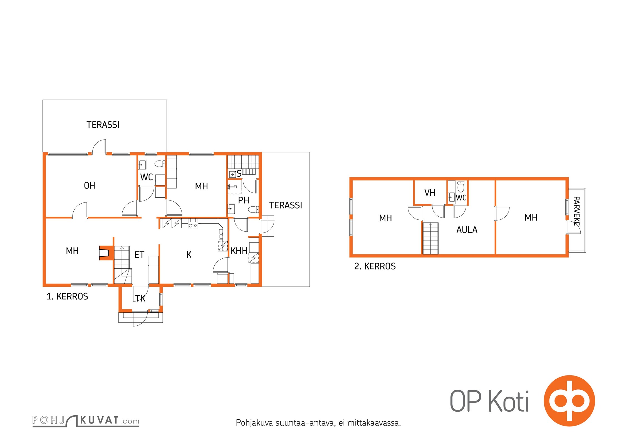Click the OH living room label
90,186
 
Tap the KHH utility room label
239,251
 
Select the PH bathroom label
244,200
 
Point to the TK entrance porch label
140,298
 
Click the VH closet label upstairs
430,192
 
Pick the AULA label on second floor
467,230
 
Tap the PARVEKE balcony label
576,211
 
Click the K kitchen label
189,254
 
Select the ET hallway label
139,254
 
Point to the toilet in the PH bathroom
253,209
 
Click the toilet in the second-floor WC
461,187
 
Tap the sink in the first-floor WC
142,165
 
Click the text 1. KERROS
67,296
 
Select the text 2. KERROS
375,266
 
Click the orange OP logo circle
569,401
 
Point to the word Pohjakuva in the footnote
254,423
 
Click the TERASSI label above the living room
103,125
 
